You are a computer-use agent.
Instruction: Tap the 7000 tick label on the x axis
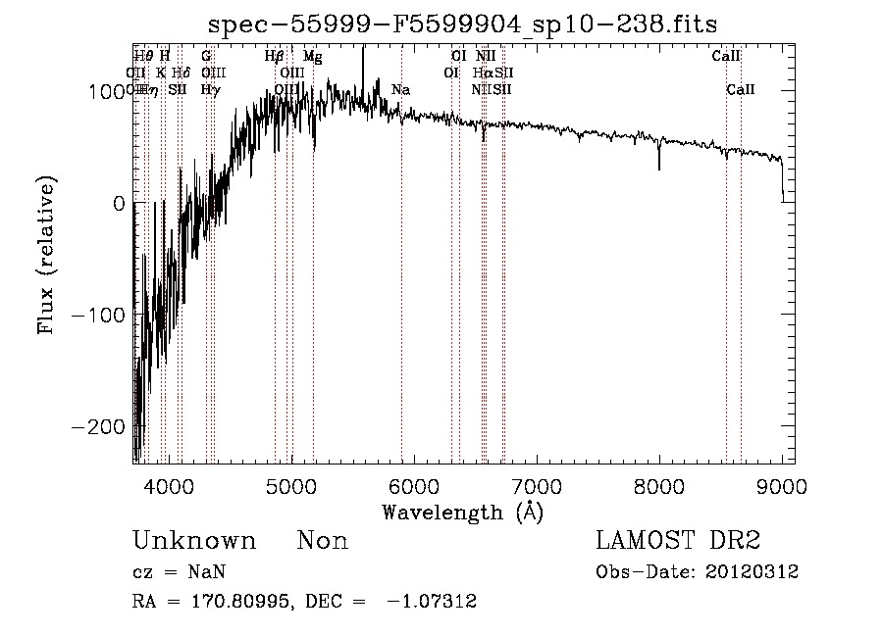pyautogui.click(x=537, y=485)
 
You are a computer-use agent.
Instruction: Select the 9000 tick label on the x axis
pyautogui.click(x=782, y=485)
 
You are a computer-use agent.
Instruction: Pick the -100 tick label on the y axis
pyautogui.click(x=102, y=315)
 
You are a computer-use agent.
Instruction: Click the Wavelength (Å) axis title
pyautogui.click(x=462, y=512)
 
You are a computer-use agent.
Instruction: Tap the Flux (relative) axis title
pyautogui.click(x=46, y=255)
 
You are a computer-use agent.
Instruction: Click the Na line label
pyautogui.click(x=400, y=90)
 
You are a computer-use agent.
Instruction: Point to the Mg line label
pyautogui.click(x=312, y=57)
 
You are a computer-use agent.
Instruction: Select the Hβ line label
pyautogui.click(x=274, y=57)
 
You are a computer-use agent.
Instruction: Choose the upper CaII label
pyautogui.click(x=726, y=57)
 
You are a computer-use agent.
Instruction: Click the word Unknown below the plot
pyautogui.click(x=194, y=541)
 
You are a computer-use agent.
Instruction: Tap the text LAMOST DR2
pyautogui.click(x=678, y=541)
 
